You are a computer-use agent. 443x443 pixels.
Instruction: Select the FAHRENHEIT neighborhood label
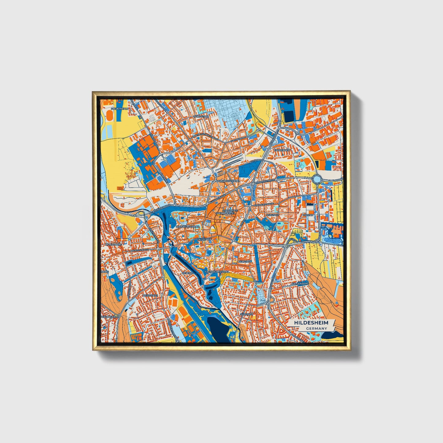(282, 150)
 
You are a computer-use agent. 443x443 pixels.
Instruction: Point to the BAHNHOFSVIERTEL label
(227, 181)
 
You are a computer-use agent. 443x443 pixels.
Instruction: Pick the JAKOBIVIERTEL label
(225, 213)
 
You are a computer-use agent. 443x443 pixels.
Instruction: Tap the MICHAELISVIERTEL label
(188, 227)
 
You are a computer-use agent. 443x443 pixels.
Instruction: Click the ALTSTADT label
(205, 239)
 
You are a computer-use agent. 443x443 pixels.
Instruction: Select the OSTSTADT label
(272, 215)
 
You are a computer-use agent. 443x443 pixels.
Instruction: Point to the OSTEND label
(308, 215)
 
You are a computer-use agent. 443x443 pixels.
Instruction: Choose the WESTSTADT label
(150, 295)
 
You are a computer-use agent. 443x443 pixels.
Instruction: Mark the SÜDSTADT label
(247, 315)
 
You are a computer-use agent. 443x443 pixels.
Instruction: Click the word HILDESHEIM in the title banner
(311, 323)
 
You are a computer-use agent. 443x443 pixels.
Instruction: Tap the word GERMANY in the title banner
(316, 328)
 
